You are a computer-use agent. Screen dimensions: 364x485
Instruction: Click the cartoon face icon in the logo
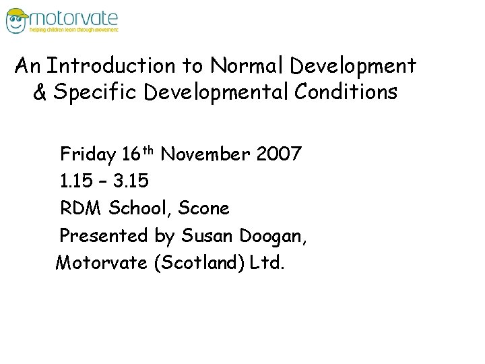pyautogui.click(x=17, y=20)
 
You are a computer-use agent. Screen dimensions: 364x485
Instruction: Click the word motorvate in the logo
pyautogui.click(x=74, y=18)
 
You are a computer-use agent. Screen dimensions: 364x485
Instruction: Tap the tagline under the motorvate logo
pyautogui.click(x=73, y=30)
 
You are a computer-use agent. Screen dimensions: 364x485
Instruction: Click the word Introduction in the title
pyautogui.click(x=112, y=66)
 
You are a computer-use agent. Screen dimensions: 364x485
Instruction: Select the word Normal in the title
pyautogui.click(x=247, y=66)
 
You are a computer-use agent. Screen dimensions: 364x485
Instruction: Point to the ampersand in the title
pyautogui.click(x=40, y=92)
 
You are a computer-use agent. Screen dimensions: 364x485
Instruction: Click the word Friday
pyautogui.click(x=88, y=155)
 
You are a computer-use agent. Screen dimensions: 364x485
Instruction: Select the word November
pyautogui.click(x=206, y=154)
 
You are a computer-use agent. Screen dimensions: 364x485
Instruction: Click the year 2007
pyautogui.click(x=279, y=154)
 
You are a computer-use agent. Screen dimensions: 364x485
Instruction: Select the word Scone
pyautogui.click(x=204, y=208)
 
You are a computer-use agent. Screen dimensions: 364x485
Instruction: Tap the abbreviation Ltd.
pyautogui.click(x=267, y=262)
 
